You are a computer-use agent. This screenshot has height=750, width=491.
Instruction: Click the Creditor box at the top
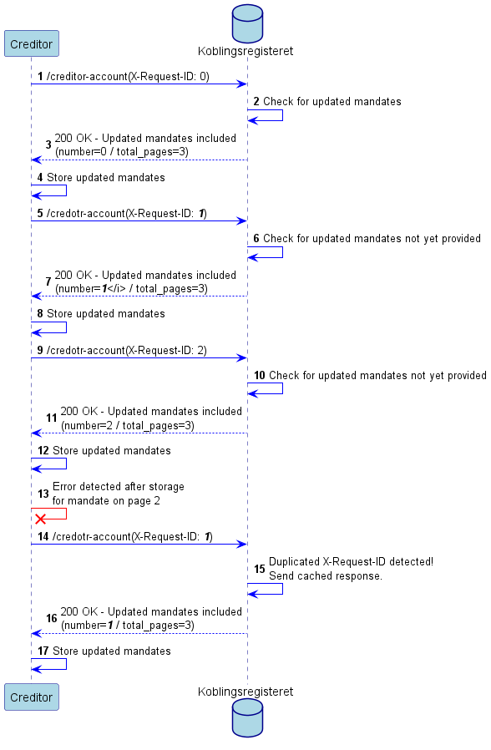click(x=32, y=43)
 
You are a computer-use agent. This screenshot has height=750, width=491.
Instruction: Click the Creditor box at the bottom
click(x=32, y=697)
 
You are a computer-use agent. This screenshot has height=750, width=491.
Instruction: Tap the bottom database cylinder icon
click(x=247, y=718)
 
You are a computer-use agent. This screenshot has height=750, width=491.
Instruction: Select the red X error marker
click(x=41, y=519)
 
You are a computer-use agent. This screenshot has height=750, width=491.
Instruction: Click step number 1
click(x=40, y=76)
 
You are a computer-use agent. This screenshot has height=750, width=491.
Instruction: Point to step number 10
click(x=259, y=376)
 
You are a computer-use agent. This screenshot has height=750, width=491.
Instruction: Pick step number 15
click(x=259, y=569)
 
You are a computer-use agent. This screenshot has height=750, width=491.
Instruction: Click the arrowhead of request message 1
click(x=242, y=84)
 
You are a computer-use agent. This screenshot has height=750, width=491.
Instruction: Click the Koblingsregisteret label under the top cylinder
click(x=245, y=51)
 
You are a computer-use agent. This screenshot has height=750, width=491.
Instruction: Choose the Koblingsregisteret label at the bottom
click(x=245, y=692)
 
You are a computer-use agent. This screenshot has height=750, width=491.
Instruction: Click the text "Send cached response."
click(x=326, y=576)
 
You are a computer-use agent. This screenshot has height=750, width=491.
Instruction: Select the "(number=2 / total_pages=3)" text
click(x=128, y=426)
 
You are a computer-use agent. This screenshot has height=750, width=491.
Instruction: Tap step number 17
click(x=43, y=651)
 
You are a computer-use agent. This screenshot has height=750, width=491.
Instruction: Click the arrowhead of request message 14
click(x=242, y=544)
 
